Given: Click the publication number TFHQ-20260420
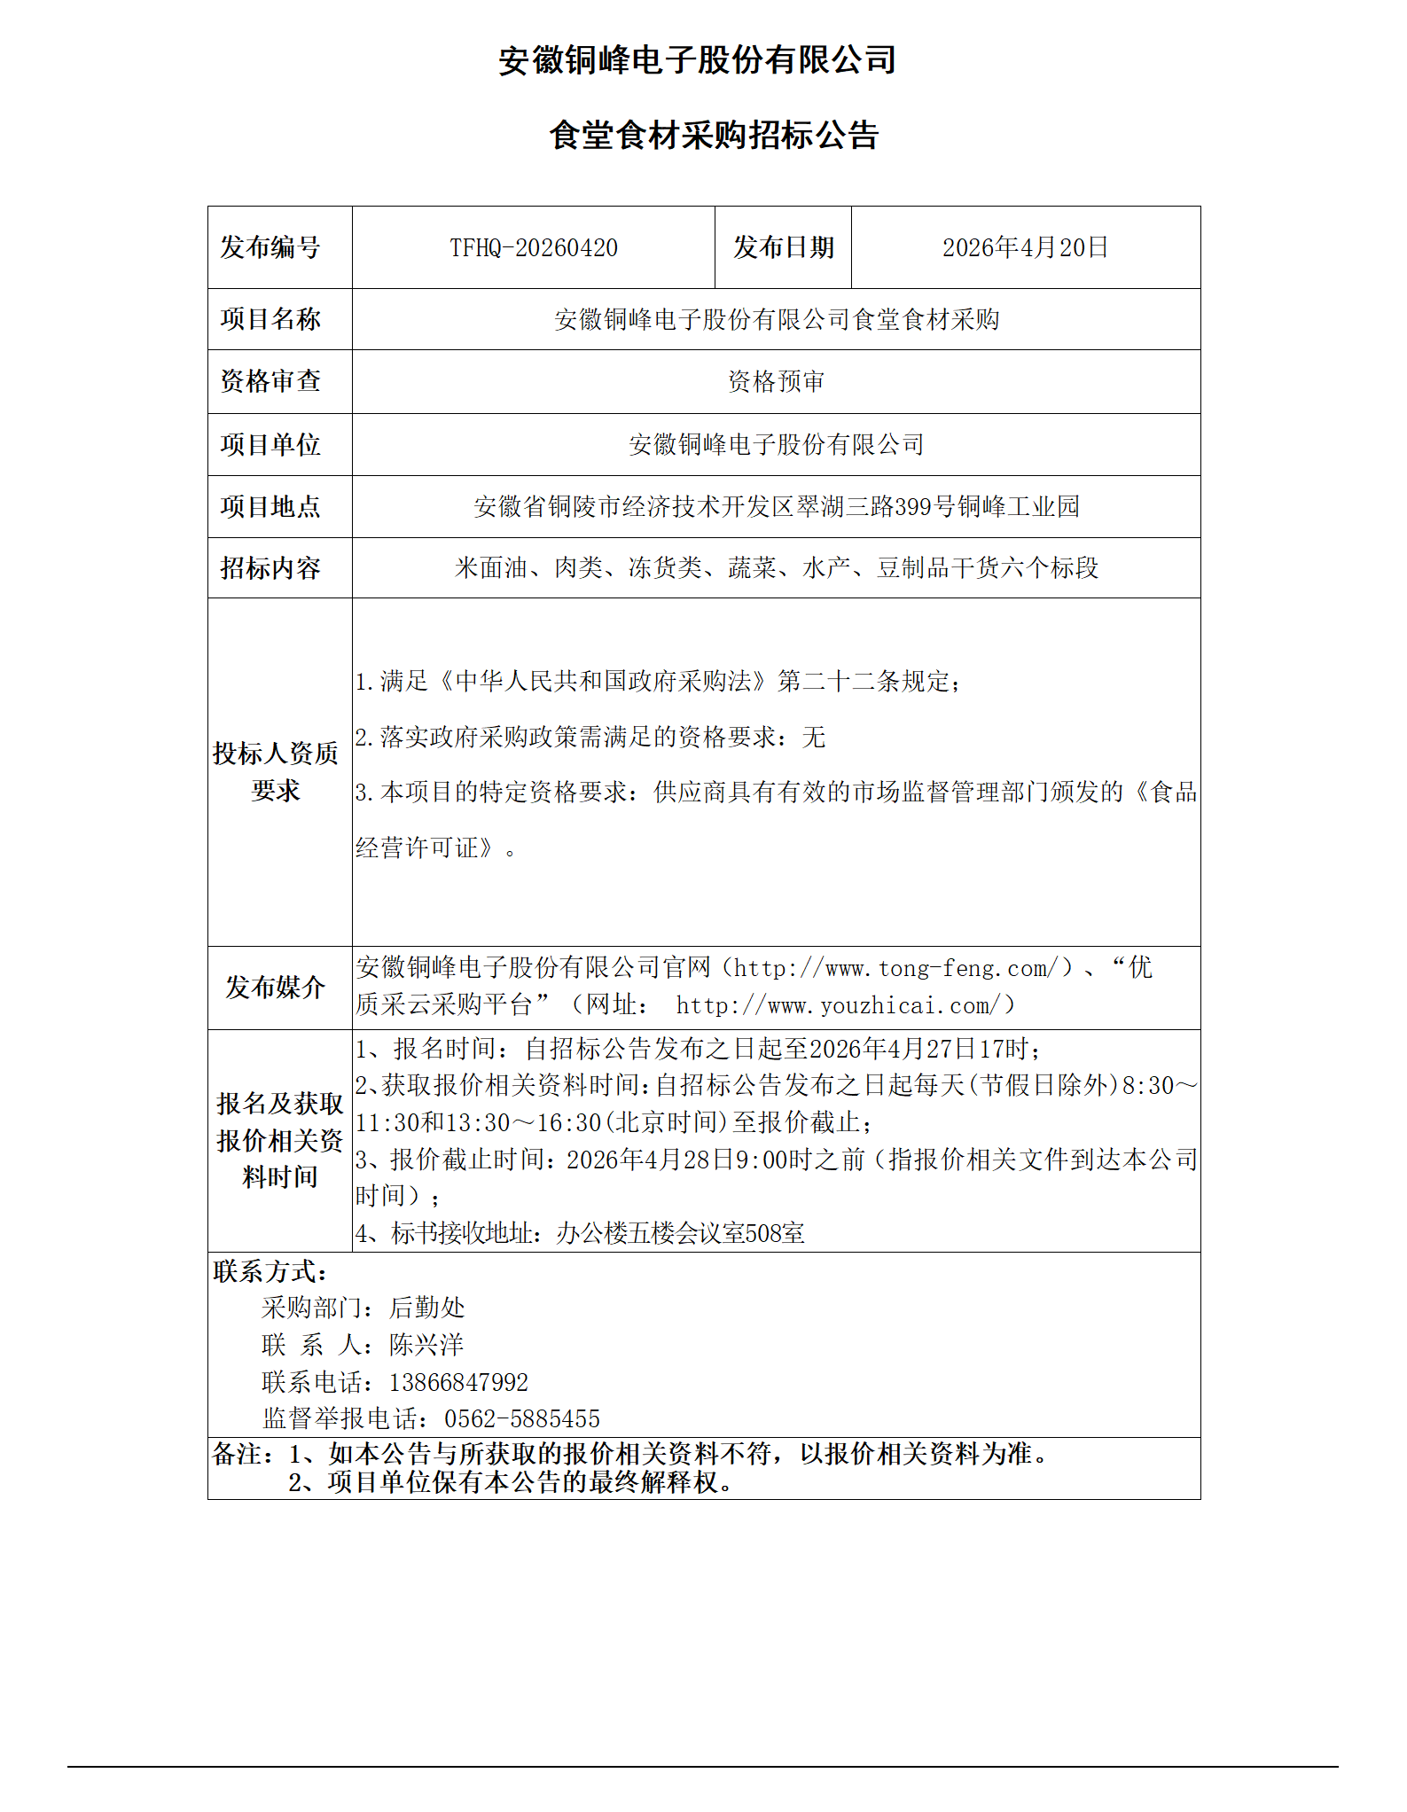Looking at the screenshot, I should click(533, 248).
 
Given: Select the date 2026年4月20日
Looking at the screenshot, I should click(1025, 248).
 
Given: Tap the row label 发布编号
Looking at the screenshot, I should click(270, 248).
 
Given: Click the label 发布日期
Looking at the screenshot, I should click(783, 248).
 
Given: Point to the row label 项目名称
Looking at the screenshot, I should click(270, 319).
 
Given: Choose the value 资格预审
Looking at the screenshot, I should click(776, 382).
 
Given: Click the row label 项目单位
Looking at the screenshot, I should click(270, 445).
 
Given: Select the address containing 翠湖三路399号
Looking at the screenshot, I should click(776, 507).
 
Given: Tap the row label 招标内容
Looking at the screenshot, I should click(270, 568).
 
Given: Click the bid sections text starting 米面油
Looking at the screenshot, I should click(776, 568).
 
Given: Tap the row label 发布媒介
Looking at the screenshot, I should click(276, 988).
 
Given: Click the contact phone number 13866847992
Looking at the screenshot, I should click(458, 1383).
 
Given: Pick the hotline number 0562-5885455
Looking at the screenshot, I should click(521, 1419).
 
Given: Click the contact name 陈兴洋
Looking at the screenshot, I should click(426, 1346).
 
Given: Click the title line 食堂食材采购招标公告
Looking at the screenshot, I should click(714, 136).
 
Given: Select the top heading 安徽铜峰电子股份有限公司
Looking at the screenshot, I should click(698, 60).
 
